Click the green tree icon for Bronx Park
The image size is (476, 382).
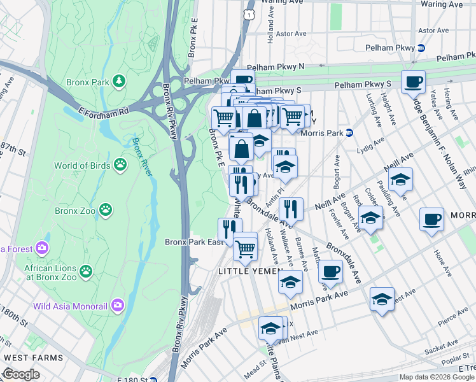118,81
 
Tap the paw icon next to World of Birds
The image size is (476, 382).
120,166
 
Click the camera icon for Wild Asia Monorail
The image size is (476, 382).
117,306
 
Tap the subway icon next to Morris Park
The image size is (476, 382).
349,133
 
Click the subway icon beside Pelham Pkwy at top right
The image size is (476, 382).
420,48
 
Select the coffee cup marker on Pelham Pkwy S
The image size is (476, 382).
413,81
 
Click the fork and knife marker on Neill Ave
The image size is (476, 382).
291,208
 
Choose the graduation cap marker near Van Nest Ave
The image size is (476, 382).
270,329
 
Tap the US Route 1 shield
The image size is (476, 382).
250,13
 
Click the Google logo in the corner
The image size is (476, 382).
21,374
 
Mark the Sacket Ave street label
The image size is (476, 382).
437,350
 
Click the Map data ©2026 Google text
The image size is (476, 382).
436,377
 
